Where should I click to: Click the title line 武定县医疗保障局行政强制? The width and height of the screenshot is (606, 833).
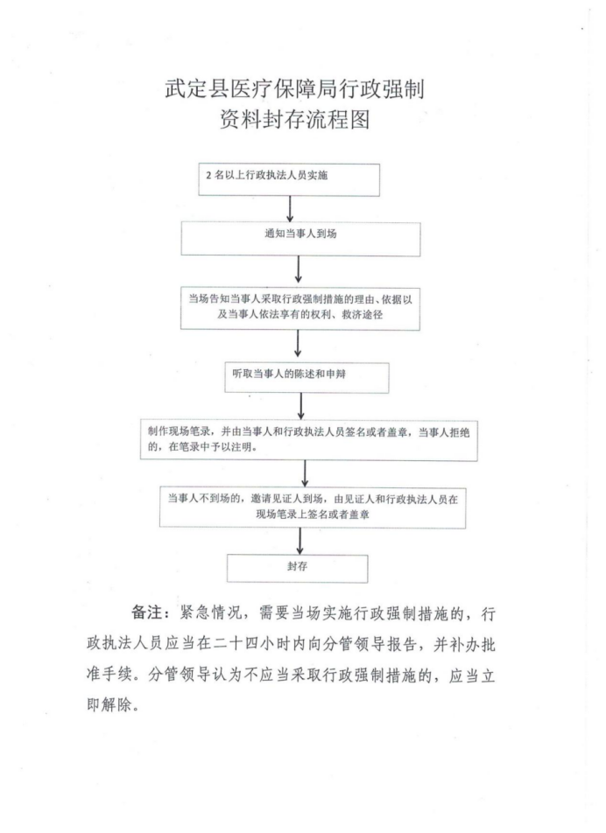click(x=294, y=88)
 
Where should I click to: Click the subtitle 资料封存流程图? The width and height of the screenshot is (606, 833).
click(x=294, y=120)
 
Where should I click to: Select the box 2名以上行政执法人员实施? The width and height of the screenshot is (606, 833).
click(x=289, y=180)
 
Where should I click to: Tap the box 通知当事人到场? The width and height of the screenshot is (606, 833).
click(x=300, y=239)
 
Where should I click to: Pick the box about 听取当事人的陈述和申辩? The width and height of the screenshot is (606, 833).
click(x=307, y=378)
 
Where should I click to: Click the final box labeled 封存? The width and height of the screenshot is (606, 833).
click(x=297, y=569)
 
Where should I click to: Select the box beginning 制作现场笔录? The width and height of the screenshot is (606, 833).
click(x=309, y=440)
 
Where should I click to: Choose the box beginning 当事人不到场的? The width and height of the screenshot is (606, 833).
click(x=313, y=507)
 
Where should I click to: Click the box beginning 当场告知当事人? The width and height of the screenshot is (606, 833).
click(x=299, y=308)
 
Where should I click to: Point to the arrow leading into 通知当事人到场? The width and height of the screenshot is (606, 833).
click(x=290, y=209)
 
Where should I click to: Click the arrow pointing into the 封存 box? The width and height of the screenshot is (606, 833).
click(x=299, y=542)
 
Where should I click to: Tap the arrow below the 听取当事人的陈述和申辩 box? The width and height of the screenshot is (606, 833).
click(x=301, y=406)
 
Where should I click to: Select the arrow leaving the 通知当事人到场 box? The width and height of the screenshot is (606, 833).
click(x=299, y=269)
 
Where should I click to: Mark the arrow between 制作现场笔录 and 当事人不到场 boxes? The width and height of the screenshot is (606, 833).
click(x=305, y=474)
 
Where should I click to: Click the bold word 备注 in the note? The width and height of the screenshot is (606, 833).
click(x=146, y=612)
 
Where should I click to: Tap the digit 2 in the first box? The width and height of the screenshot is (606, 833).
click(x=209, y=175)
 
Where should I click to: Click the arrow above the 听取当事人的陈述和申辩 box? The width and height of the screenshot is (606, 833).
click(x=298, y=343)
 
